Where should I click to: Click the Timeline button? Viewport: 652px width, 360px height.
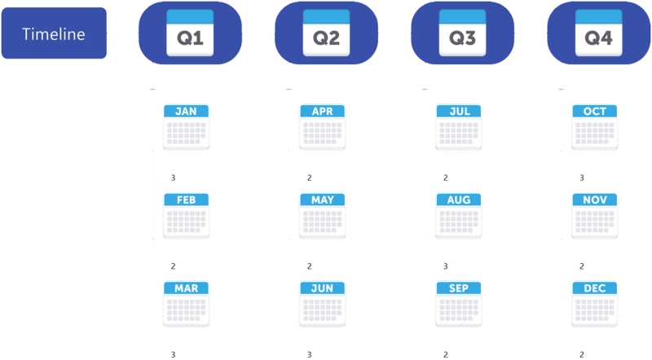[54, 33]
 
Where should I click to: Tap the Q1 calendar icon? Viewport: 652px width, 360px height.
[190, 33]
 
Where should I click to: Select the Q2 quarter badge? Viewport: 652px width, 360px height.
[327, 33]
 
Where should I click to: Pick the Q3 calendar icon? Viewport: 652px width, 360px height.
[462, 33]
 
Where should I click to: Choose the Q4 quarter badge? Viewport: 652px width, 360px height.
[599, 33]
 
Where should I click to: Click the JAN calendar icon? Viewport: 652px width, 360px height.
[187, 127]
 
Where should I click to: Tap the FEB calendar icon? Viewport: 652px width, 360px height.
[187, 216]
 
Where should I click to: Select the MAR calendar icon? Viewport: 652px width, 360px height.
[187, 305]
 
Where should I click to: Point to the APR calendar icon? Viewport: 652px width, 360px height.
[322, 127]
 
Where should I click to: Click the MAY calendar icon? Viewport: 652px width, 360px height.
[322, 216]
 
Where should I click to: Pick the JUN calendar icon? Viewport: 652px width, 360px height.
[322, 305]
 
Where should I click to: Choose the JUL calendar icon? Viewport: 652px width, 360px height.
[459, 127]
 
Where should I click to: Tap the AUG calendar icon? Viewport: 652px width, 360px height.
[459, 216]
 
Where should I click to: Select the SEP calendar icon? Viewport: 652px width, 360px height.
[459, 305]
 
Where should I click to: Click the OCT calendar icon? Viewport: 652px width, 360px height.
[595, 127]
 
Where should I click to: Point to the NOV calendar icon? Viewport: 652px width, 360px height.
[595, 216]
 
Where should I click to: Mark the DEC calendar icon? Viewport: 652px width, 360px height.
[595, 305]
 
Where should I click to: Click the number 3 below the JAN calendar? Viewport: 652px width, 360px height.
[174, 178]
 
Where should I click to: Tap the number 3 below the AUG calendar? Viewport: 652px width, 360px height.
[446, 266]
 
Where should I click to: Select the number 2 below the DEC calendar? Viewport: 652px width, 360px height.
[582, 355]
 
